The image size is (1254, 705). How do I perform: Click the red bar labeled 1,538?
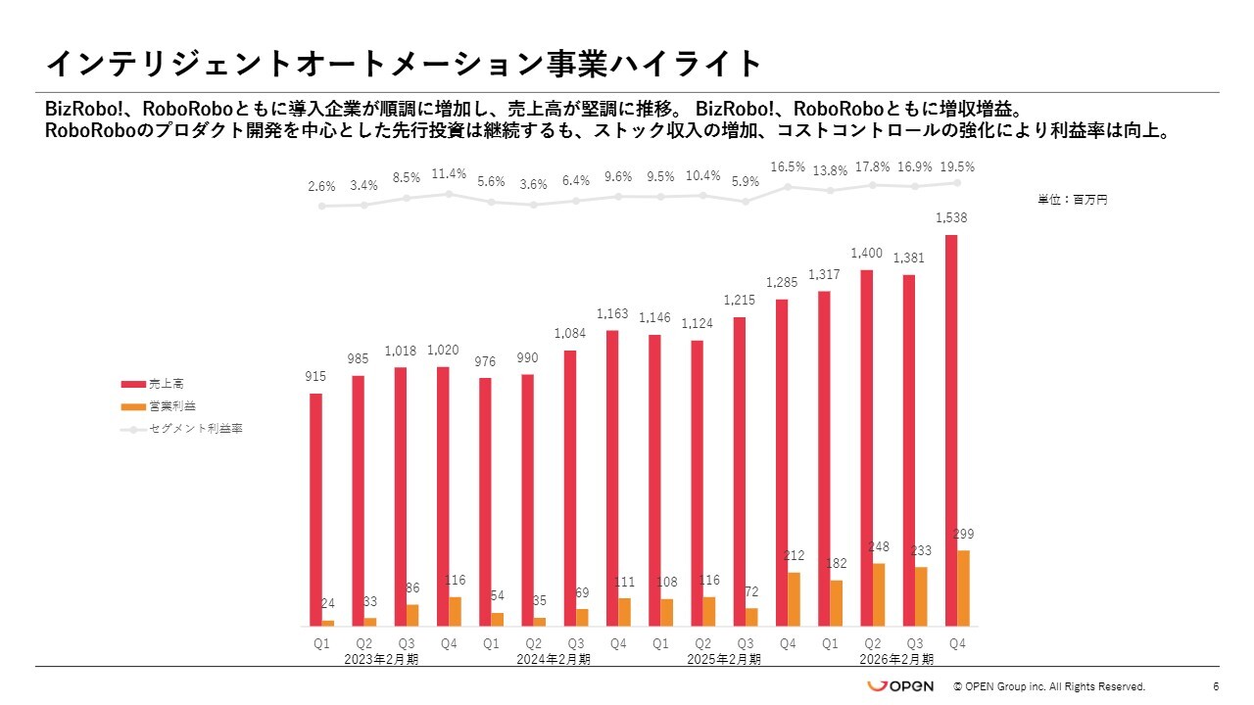coord(951,431)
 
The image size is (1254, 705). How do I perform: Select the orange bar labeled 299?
coord(964,588)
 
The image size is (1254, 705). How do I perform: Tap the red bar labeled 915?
coord(315,509)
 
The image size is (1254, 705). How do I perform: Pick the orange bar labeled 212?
coord(795,599)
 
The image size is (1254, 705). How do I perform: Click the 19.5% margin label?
coord(957,166)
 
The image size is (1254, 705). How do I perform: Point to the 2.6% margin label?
coord(321,186)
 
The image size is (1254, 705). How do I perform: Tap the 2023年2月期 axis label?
coord(381,659)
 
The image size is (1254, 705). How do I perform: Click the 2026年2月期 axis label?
coord(896,659)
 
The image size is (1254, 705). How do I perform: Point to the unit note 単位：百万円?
coord(1073,200)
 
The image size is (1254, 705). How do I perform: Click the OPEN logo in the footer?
coord(900,686)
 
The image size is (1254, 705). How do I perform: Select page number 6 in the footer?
coord(1216,686)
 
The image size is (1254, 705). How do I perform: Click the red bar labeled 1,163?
coord(612,478)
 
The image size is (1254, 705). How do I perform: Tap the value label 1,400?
coord(867,253)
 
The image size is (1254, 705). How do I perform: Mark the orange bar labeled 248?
coord(880,594)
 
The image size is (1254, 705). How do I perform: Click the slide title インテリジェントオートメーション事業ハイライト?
coord(404,64)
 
